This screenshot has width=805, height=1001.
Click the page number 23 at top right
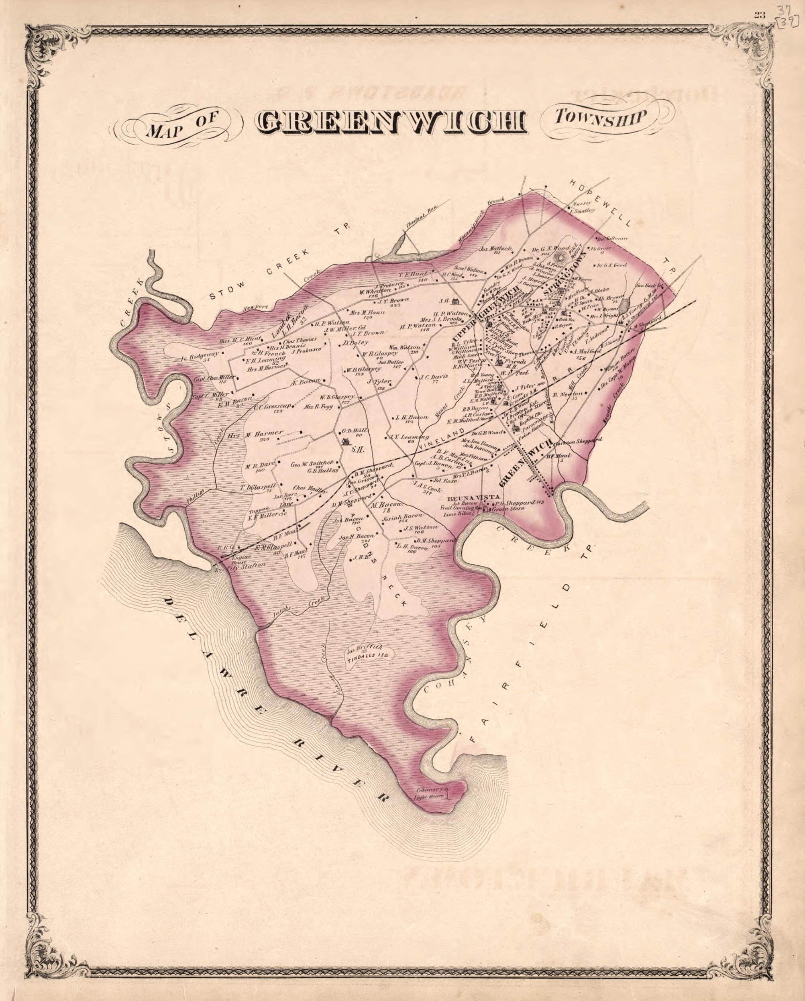tap(760, 14)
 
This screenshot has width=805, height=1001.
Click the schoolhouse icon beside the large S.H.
tap(345, 442)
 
